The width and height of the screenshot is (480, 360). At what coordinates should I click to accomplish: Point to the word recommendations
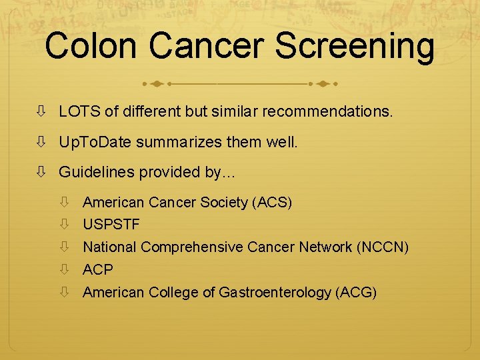[x=327, y=111]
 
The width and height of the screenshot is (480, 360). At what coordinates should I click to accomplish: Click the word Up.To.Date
[x=94, y=142]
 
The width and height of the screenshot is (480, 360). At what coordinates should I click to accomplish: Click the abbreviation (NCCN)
[x=383, y=247]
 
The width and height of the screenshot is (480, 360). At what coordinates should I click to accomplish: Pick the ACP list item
[x=98, y=270]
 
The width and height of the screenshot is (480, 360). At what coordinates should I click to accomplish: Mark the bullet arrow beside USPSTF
[x=64, y=224]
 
